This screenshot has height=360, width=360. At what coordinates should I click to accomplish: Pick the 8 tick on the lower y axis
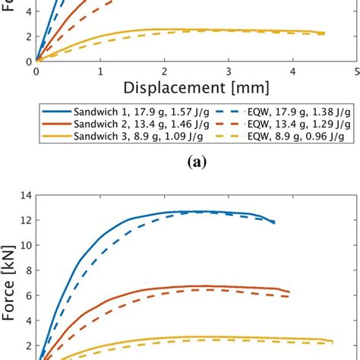tap(28, 270)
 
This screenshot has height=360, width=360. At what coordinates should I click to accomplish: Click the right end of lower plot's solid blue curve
tap(274, 222)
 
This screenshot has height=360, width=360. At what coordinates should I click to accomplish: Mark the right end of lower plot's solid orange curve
tap(289, 292)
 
